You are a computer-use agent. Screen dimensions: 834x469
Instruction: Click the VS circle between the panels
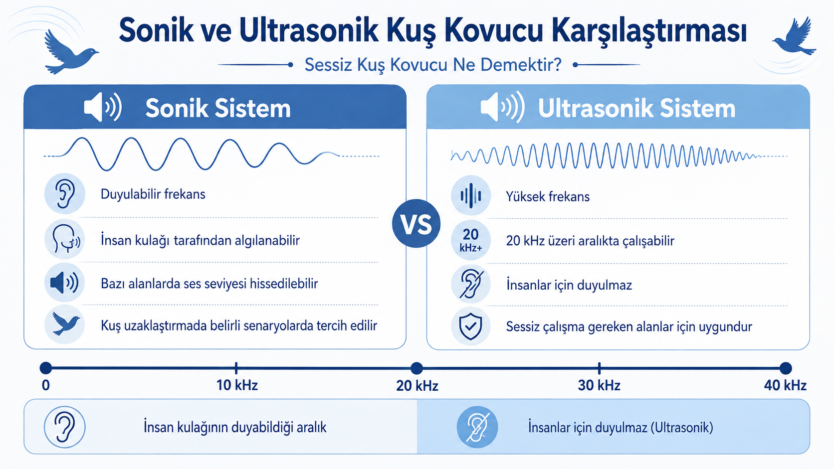click(417, 223)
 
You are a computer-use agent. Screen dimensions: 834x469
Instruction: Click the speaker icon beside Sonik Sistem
click(102, 108)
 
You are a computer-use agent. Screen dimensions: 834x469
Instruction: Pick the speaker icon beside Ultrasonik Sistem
click(502, 108)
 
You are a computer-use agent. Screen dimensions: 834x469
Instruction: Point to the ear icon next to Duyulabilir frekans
click(65, 193)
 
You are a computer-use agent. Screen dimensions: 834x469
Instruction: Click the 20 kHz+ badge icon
click(470, 240)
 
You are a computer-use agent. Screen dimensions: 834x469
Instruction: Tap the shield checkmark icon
click(470, 326)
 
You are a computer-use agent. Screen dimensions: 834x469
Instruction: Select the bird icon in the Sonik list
click(65, 324)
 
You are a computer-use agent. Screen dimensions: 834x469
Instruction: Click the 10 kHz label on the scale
click(237, 385)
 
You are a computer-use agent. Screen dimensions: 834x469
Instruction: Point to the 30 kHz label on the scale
click(599, 385)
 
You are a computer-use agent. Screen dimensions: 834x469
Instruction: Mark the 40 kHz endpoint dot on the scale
click(786, 368)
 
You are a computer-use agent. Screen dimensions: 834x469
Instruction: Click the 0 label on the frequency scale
click(46, 385)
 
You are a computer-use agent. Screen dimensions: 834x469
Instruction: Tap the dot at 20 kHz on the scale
click(417, 368)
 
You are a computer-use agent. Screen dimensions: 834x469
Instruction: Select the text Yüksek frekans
click(548, 196)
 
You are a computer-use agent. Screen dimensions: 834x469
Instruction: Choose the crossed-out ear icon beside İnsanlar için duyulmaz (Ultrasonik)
click(477, 427)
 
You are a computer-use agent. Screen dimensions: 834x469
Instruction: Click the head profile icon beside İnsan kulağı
click(65, 239)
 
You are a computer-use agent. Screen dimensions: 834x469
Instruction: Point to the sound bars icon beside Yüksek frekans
click(470, 195)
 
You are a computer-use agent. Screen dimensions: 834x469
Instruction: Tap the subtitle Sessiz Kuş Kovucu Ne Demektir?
click(433, 65)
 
